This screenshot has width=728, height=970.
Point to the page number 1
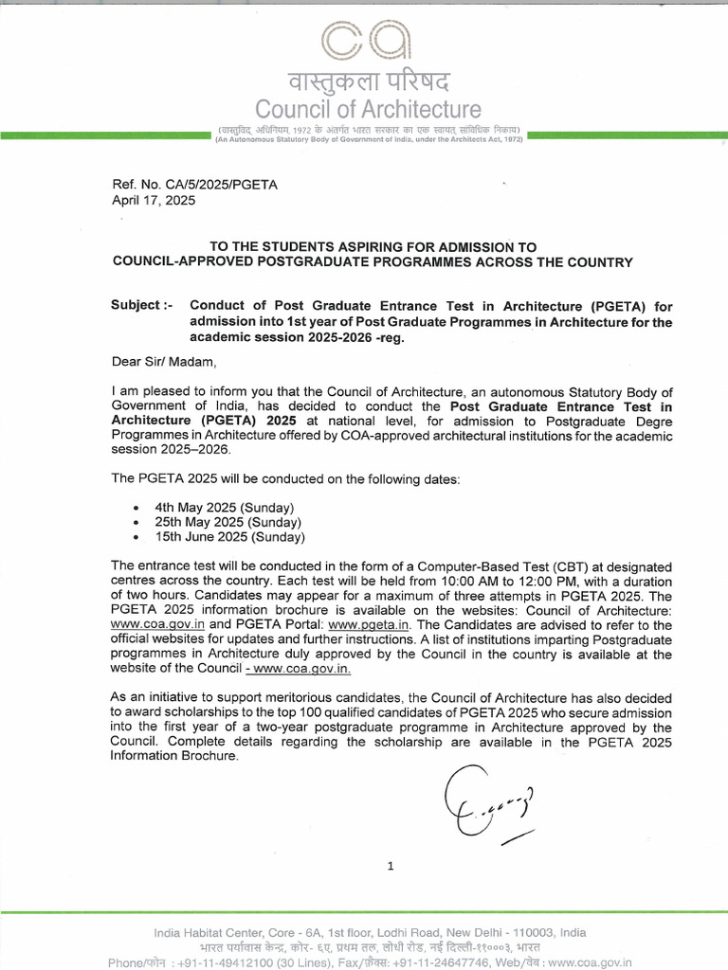pos(390,865)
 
